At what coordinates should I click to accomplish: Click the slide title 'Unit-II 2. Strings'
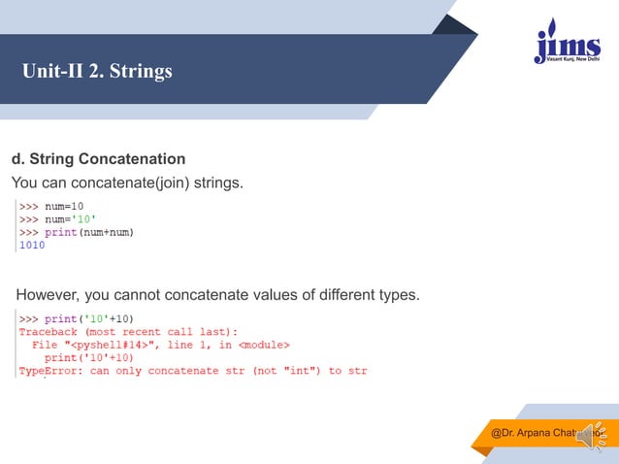98,72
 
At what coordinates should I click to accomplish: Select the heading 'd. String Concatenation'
98,158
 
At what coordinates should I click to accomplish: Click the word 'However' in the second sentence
49,294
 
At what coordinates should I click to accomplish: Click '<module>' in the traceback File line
263,345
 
